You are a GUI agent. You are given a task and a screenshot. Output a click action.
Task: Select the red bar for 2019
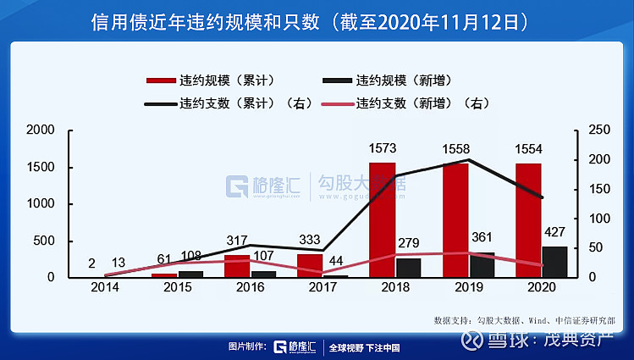(x=455, y=220)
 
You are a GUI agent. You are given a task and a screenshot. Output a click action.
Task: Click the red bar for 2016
(x=237, y=266)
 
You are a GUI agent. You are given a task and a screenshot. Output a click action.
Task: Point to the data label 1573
(x=383, y=149)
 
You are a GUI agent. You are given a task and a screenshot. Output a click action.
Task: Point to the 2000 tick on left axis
(x=41, y=130)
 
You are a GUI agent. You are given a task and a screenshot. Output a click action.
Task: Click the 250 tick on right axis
(x=597, y=130)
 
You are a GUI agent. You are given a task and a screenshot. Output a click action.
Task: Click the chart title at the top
(x=317, y=21)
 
